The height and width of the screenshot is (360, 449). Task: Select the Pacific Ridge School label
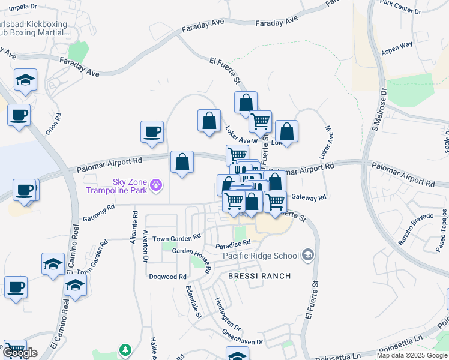coord(261,256)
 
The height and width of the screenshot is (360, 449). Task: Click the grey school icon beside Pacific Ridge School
coord(308,256)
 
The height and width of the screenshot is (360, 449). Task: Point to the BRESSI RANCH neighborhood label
coord(259,276)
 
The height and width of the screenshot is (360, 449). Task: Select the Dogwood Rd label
coord(168,277)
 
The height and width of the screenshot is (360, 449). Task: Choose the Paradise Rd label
coord(234,245)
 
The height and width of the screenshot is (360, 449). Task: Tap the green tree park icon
coord(125,349)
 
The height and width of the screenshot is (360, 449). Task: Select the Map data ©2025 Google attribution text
coord(412,355)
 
